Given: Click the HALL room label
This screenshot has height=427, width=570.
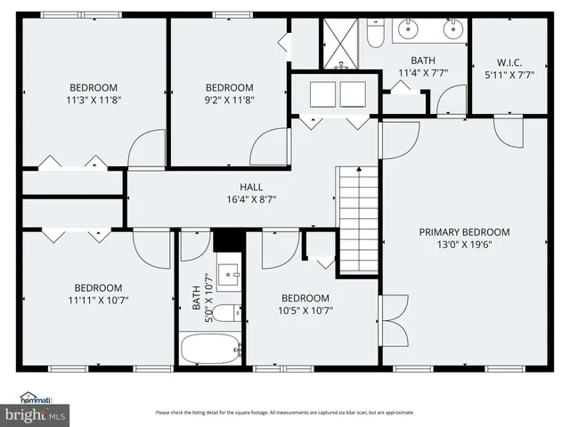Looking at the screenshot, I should pos(251,187).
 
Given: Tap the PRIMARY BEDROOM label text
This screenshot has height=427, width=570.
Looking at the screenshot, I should pos(470,232).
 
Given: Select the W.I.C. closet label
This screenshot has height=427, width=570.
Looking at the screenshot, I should pos(509,62).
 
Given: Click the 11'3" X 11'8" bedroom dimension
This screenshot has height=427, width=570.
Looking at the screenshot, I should pos(94,101).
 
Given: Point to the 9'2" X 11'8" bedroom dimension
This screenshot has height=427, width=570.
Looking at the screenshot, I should pos(229,101).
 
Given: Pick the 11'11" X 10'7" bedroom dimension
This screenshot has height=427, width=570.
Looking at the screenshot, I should pos(97,301).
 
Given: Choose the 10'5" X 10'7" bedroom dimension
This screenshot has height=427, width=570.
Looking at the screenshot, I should pos(305,310).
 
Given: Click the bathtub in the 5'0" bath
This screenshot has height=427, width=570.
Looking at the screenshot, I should pos(210,348).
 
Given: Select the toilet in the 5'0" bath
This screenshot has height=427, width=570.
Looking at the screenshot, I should pos(227,313).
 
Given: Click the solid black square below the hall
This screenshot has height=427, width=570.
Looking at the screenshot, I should pos(227,241).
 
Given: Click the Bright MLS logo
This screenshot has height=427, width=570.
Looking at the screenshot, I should pos(35,413).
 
